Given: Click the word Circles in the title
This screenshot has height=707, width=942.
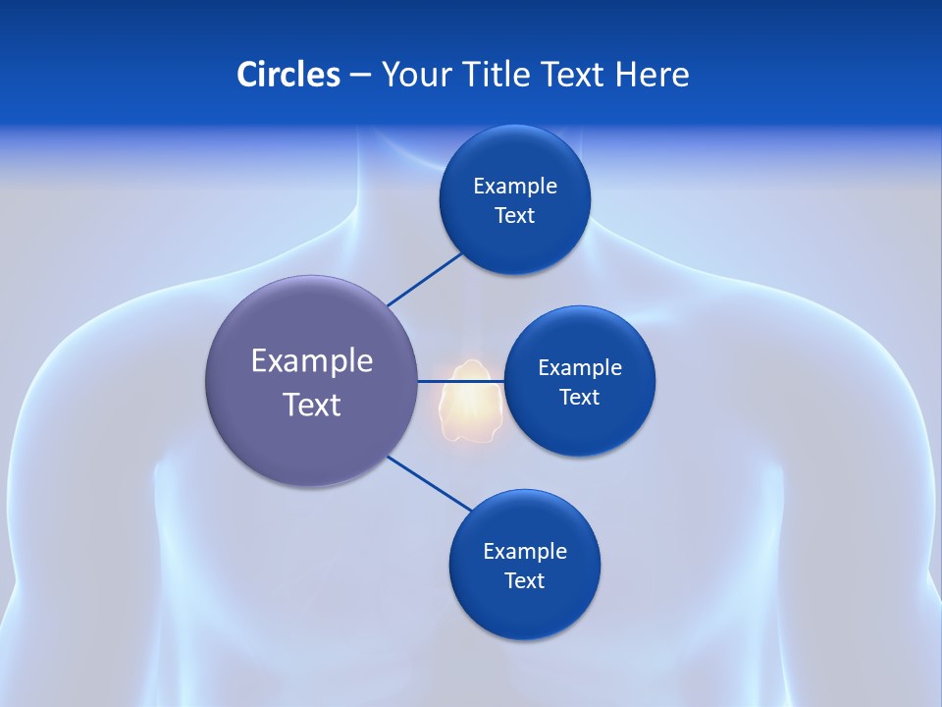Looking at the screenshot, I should pos(288,75).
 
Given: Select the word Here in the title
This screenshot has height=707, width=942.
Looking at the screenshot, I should pos(652,75).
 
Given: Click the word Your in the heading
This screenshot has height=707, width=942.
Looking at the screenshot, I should pos(416,75).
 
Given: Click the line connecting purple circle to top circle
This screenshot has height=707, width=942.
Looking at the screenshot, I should pos(424,279).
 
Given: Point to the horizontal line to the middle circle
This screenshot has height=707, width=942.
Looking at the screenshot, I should pos(461,380).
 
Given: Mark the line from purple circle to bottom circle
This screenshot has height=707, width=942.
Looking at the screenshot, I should pos(430,483).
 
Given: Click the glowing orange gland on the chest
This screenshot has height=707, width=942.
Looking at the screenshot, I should pos(469,403).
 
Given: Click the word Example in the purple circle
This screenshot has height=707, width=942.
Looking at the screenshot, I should pos(312,361).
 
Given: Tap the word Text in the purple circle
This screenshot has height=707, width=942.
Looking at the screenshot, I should pos(312,405).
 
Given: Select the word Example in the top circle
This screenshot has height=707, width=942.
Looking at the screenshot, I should pos(515,187).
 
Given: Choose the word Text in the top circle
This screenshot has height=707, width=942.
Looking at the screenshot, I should pos(514,216).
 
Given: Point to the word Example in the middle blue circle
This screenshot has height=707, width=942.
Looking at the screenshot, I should pos(580,368).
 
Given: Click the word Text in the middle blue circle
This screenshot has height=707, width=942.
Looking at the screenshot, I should pos(579,398).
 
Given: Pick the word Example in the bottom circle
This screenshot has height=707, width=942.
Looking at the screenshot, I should pos(525,552).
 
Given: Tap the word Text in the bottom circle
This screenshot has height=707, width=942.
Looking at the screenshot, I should pos(524,581).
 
